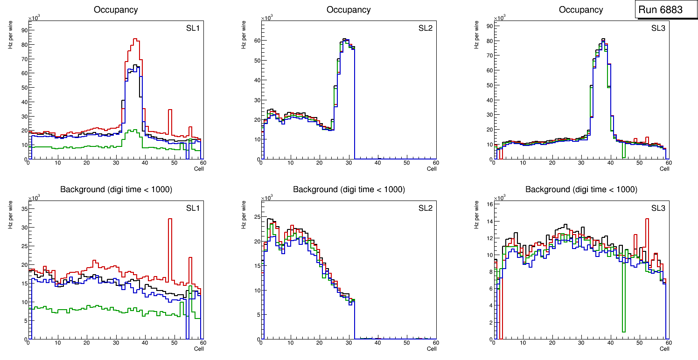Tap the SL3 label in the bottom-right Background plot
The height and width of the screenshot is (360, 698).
tap(658, 208)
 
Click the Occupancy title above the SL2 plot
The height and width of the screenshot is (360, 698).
tap(349, 10)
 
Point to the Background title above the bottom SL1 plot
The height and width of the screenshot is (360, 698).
tap(116, 189)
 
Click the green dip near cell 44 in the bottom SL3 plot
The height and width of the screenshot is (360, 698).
tap(623, 332)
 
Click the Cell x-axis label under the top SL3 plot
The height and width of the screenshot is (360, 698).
tap(664, 169)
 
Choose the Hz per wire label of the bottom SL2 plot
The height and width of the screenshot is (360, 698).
tap(244, 215)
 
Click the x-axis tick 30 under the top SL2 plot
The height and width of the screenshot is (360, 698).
tap(349, 163)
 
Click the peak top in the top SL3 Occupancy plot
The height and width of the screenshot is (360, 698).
tap(603, 39)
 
